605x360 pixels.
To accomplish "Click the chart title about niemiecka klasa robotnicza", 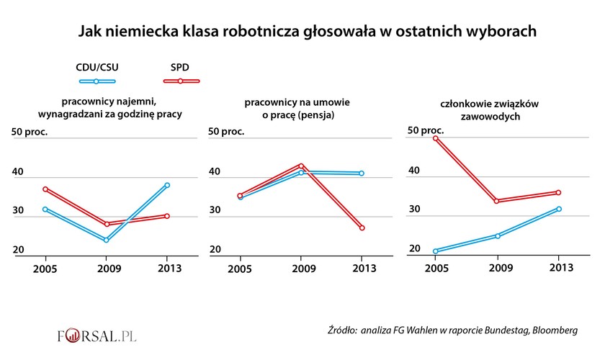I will [x=308, y=32].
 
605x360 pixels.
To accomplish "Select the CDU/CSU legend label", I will [x=97, y=67].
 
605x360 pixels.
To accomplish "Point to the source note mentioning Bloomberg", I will [x=452, y=330].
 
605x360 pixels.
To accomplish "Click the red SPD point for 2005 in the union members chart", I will [x=436, y=138].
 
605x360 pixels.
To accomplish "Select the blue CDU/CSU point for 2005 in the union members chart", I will [x=436, y=251].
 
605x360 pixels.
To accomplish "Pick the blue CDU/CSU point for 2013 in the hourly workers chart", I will [x=167, y=186].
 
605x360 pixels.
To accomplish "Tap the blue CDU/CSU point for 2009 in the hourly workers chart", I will [x=107, y=240].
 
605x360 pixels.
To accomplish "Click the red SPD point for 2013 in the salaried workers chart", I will [x=362, y=228].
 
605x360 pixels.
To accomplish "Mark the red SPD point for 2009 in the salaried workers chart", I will [x=302, y=166].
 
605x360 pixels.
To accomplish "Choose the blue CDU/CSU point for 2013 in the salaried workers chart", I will [x=362, y=174].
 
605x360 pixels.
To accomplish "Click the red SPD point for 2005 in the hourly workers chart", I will [x=45, y=189].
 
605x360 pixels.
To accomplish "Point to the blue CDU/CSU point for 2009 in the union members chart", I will [x=497, y=235].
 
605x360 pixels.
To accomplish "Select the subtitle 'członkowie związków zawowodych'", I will [x=499, y=110].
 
